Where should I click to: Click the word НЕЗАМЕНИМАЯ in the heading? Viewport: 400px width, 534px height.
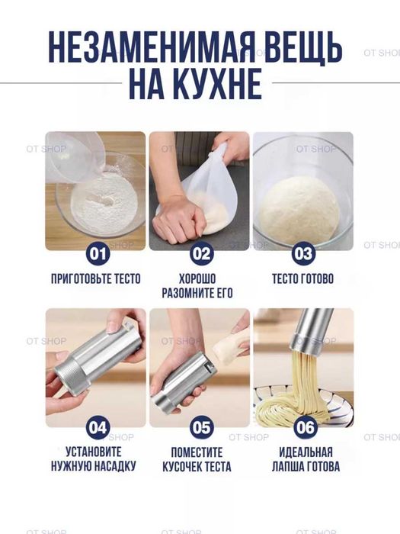[x=152, y=47]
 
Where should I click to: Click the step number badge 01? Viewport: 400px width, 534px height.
[x=98, y=253]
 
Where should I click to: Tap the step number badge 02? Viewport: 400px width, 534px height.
[x=201, y=253]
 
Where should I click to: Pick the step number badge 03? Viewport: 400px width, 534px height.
[x=303, y=253]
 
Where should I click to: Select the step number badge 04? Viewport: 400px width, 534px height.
[x=98, y=427]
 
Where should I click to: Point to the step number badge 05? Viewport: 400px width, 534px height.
[x=201, y=427]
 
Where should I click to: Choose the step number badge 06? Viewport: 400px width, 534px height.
[x=305, y=427]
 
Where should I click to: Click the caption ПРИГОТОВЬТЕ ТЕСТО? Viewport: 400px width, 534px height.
[x=95, y=278]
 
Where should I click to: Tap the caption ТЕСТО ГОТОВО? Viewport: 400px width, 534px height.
[x=302, y=278]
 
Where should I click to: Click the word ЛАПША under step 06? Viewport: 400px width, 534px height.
[x=286, y=466]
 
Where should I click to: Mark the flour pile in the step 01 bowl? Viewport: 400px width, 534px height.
[x=105, y=204]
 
